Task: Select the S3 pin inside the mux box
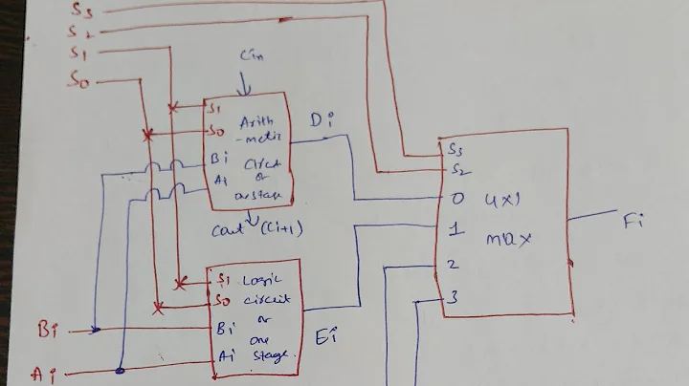pyautogui.click(x=456, y=150)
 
